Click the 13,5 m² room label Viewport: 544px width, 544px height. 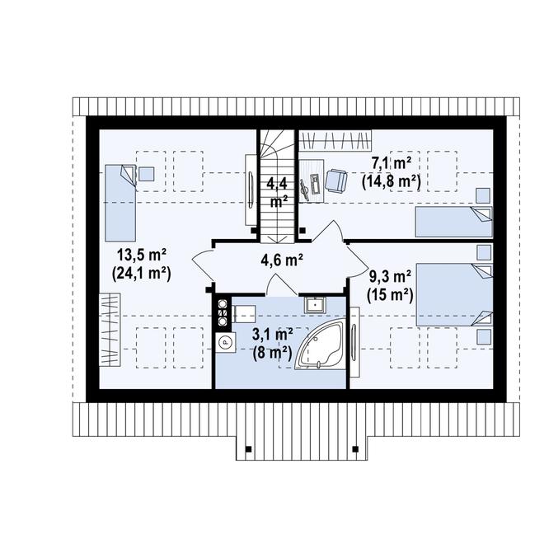[x=141, y=256]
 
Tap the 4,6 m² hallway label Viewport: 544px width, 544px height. [x=282, y=260]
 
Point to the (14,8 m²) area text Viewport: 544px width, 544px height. [x=391, y=181]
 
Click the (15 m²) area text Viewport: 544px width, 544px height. [x=390, y=295]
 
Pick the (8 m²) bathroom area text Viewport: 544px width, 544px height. [x=273, y=353]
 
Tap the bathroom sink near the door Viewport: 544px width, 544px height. [x=315, y=305]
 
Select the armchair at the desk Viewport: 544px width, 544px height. [x=335, y=181]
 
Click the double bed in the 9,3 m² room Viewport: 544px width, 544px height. [x=454, y=294]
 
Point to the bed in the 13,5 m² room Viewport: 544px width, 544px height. [x=120, y=203]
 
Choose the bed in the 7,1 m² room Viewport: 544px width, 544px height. [x=454, y=222]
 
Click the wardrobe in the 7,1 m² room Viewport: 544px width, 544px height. [x=335, y=141]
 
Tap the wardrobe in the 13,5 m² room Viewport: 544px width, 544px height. [x=110, y=329]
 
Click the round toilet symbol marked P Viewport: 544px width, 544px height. [x=225, y=342]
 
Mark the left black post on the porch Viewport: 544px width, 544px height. [x=248, y=448]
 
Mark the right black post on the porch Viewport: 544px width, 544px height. [x=355, y=448]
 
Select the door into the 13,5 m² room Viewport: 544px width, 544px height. [x=202, y=264]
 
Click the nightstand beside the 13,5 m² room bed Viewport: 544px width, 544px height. [x=147, y=174]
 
